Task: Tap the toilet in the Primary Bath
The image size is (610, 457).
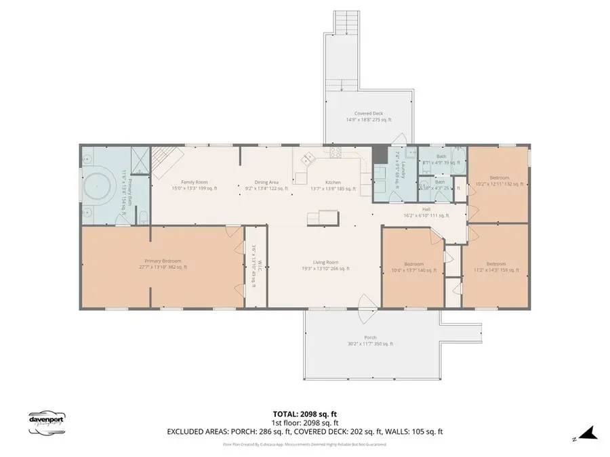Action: pos(143,217)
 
